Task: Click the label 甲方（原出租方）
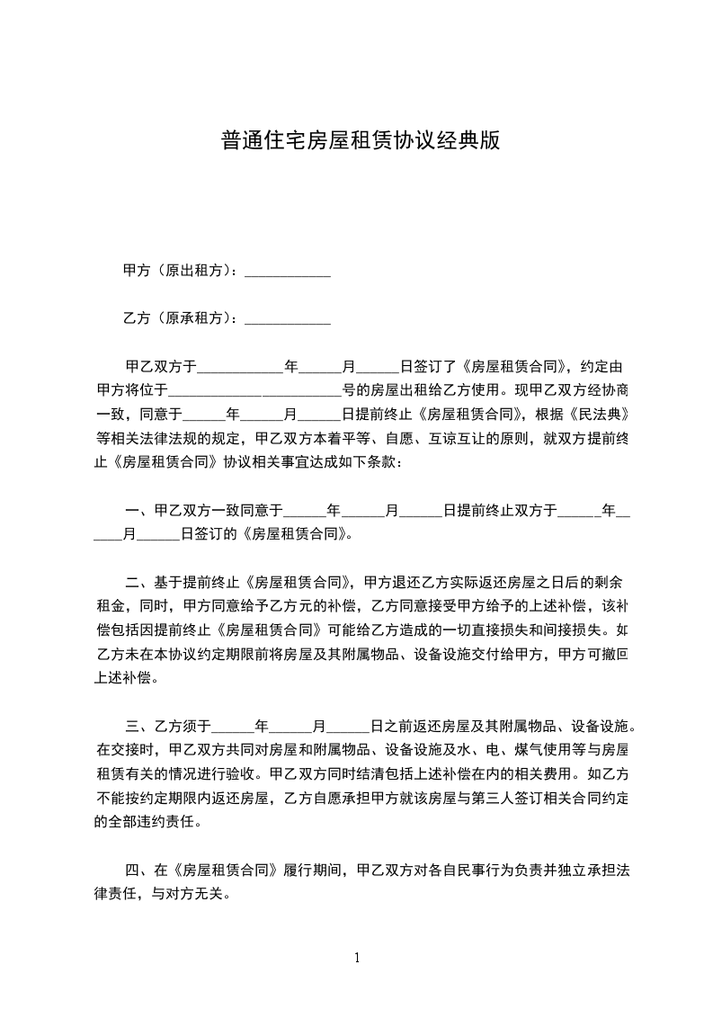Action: pyautogui.click(x=176, y=271)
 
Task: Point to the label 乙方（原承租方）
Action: pyautogui.click(x=176, y=318)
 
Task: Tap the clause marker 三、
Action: pyautogui.click(x=139, y=725)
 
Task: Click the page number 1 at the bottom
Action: pyautogui.click(x=357, y=958)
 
